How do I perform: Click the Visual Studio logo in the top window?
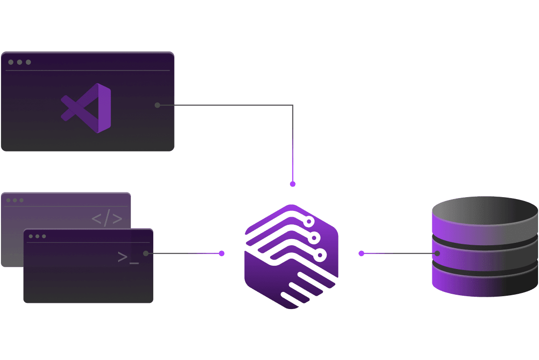click(x=87, y=108)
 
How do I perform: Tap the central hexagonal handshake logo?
click(x=291, y=256)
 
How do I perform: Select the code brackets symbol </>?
click(x=107, y=219)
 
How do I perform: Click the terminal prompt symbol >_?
click(x=128, y=258)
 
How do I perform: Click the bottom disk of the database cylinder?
click(x=485, y=283)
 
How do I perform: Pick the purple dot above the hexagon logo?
click(x=293, y=184)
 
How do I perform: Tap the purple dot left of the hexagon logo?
click(x=221, y=253)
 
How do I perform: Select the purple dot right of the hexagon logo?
click(x=361, y=253)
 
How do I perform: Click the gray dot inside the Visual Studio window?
click(x=158, y=105)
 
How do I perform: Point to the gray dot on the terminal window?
click(x=146, y=253)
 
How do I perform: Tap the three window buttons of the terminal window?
click(x=37, y=236)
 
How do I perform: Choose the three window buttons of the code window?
click(x=15, y=200)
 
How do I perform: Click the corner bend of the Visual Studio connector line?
click(x=292, y=106)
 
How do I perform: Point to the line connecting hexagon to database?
click(x=398, y=253)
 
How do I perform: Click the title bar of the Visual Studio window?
click(x=95, y=62)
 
